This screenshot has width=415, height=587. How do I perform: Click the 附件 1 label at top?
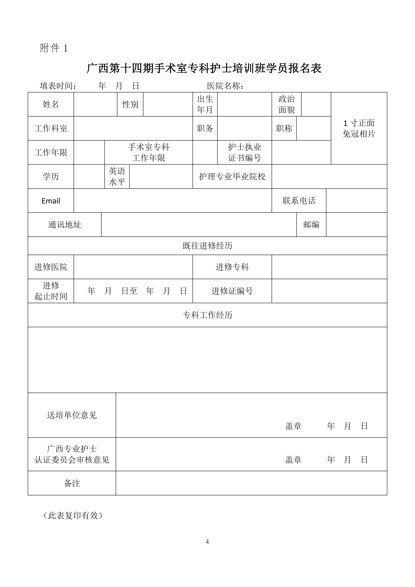click(x=54, y=48)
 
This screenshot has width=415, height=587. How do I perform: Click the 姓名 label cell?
click(x=51, y=104)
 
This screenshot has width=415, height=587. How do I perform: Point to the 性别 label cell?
click(x=130, y=104)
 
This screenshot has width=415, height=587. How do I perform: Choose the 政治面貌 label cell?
click(x=287, y=104)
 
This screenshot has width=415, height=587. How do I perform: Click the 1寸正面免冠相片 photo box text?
click(x=359, y=128)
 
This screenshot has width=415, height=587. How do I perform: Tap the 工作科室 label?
click(x=51, y=128)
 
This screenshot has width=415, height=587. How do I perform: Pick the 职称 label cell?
click(x=284, y=128)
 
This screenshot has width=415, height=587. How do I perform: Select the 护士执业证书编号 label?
click(x=245, y=152)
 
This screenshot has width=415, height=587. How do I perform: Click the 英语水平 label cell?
click(x=117, y=176)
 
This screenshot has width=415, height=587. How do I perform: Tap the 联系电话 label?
click(x=299, y=201)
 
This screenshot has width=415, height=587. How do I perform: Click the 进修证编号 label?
click(x=232, y=291)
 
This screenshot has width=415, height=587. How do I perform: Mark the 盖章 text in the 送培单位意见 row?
click(x=293, y=426)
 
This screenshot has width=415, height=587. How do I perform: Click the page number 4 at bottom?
click(x=207, y=542)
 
